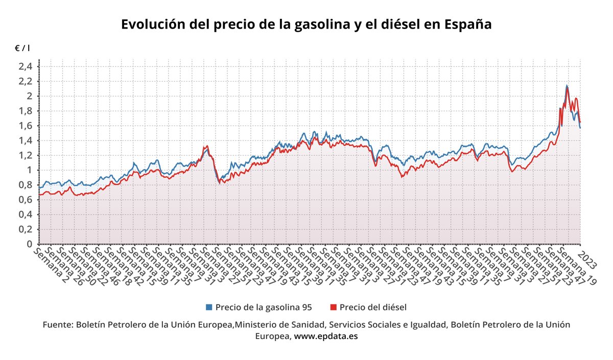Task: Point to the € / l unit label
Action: (x=22, y=48)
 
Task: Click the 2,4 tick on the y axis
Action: (x=26, y=66)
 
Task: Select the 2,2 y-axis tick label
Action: (x=26, y=81)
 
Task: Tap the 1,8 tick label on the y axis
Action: (x=26, y=111)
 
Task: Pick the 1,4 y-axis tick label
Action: (x=26, y=140)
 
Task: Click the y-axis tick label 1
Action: (x=30, y=170)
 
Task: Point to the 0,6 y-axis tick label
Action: (x=26, y=200)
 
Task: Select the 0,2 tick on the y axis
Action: (x=26, y=229)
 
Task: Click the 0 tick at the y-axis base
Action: (x=30, y=244)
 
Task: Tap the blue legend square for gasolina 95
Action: (x=208, y=307)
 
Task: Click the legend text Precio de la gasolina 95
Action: (x=263, y=307)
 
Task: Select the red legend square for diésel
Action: (x=334, y=307)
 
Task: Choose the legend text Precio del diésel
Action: (x=373, y=307)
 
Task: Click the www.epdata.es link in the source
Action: (x=325, y=336)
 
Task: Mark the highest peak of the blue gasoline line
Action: (x=567, y=86)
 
